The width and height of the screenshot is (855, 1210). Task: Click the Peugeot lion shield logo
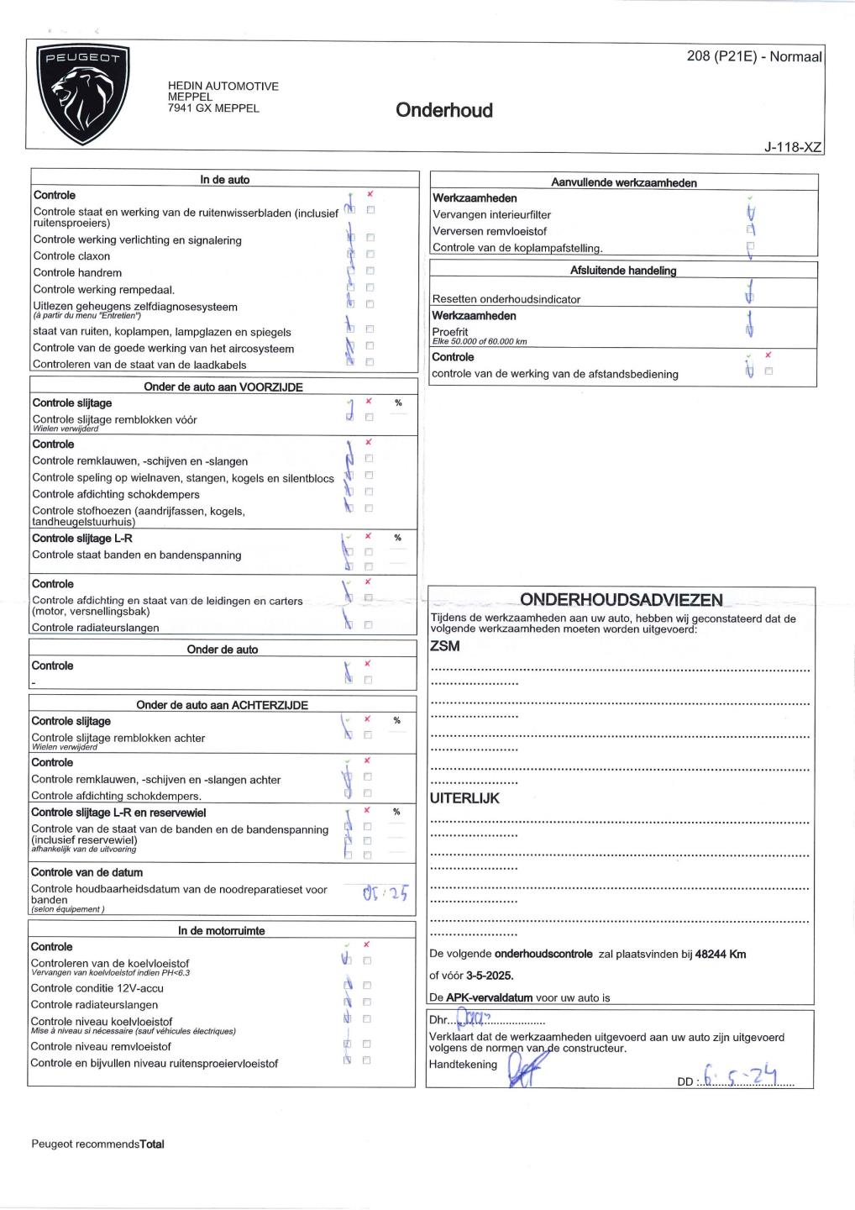(x=81, y=94)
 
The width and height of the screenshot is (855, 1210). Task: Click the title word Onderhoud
(x=443, y=110)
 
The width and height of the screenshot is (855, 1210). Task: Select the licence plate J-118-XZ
(x=792, y=147)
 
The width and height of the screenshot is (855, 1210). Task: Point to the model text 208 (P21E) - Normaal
(x=753, y=57)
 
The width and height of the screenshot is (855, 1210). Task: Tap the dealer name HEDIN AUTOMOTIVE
(x=223, y=86)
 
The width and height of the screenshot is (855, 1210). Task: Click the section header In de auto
(x=224, y=180)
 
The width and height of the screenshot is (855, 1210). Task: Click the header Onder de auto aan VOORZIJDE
(x=223, y=387)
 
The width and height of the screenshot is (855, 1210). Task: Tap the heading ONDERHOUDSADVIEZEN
(x=621, y=599)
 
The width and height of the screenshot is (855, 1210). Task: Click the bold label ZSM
(x=444, y=646)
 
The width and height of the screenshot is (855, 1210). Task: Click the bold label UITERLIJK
(x=464, y=798)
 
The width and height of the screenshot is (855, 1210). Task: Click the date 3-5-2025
(x=489, y=976)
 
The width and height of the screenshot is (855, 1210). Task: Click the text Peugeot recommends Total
(x=97, y=1144)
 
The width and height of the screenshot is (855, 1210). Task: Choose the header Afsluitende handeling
(x=622, y=271)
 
